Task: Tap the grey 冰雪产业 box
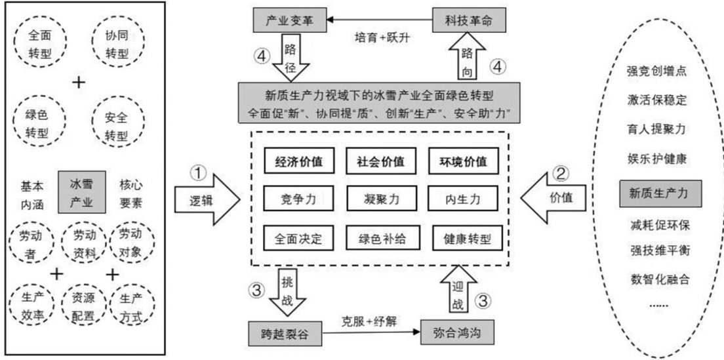tap(84, 192)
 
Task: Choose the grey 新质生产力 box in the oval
tap(660, 194)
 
